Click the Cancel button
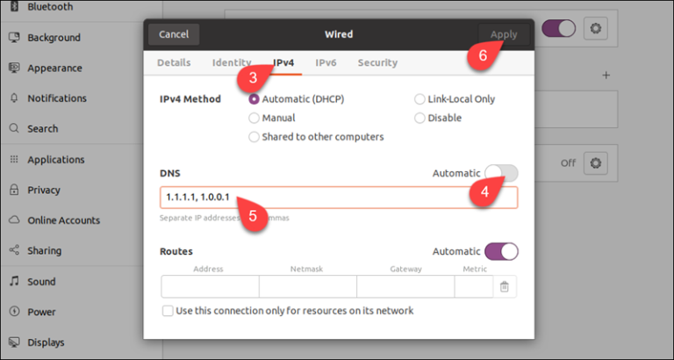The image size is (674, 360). pyautogui.click(x=174, y=34)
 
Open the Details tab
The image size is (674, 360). pyautogui.click(x=174, y=62)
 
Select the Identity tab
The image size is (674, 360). pyautogui.click(x=232, y=62)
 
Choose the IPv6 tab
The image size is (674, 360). pyautogui.click(x=326, y=62)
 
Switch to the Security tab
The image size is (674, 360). pyautogui.click(x=377, y=62)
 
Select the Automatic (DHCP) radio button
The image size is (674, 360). pyautogui.click(x=255, y=99)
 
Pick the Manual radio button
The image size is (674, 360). pyautogui.click(x=255, y=118)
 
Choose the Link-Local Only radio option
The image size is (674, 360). pyautogui.click(x=420, y=99)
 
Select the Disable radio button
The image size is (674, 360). pyautogui.click(x=420, y=118)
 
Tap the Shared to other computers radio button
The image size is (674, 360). pyautogui.click(x=255, y=137)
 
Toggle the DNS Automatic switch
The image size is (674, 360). pyautogui.click(x=501, y=173)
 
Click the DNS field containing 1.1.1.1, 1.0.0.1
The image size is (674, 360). pyautogui.click(x=338, y=197)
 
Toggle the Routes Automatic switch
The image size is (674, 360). pyautogui.click(x=501, y=251)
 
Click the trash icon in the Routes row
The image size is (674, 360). pyautogui.click(x=505, y=286)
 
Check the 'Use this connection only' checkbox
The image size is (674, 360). pyautogui.click(x=168, y=311)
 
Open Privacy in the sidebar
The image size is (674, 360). pyautogui.click(x=43, y=190)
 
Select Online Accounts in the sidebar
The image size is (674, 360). pyautogui.click(x=63, y=220)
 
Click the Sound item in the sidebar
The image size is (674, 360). pyautogui.click(x=41, y=282)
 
